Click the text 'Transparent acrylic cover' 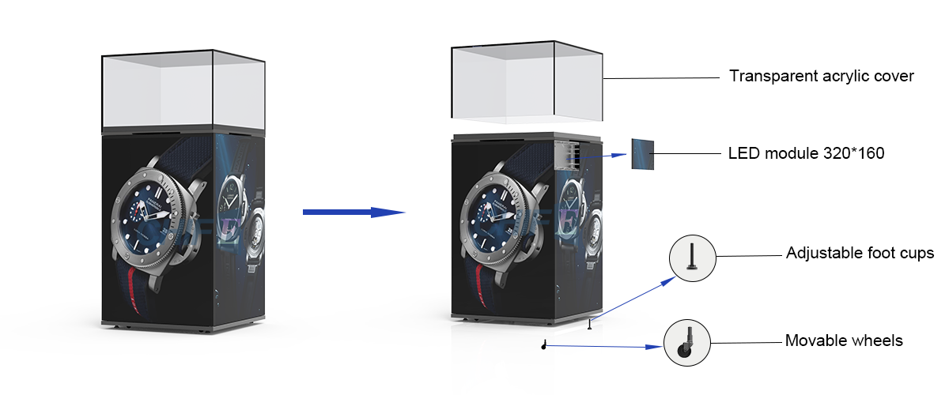coord(822,77)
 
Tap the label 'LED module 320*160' coord(806,153)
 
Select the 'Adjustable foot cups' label coord(860,254)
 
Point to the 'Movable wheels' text coord(844,341)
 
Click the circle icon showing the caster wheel coord(686,343)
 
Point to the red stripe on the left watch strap coord(130,288)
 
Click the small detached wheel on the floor coord(544,344)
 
